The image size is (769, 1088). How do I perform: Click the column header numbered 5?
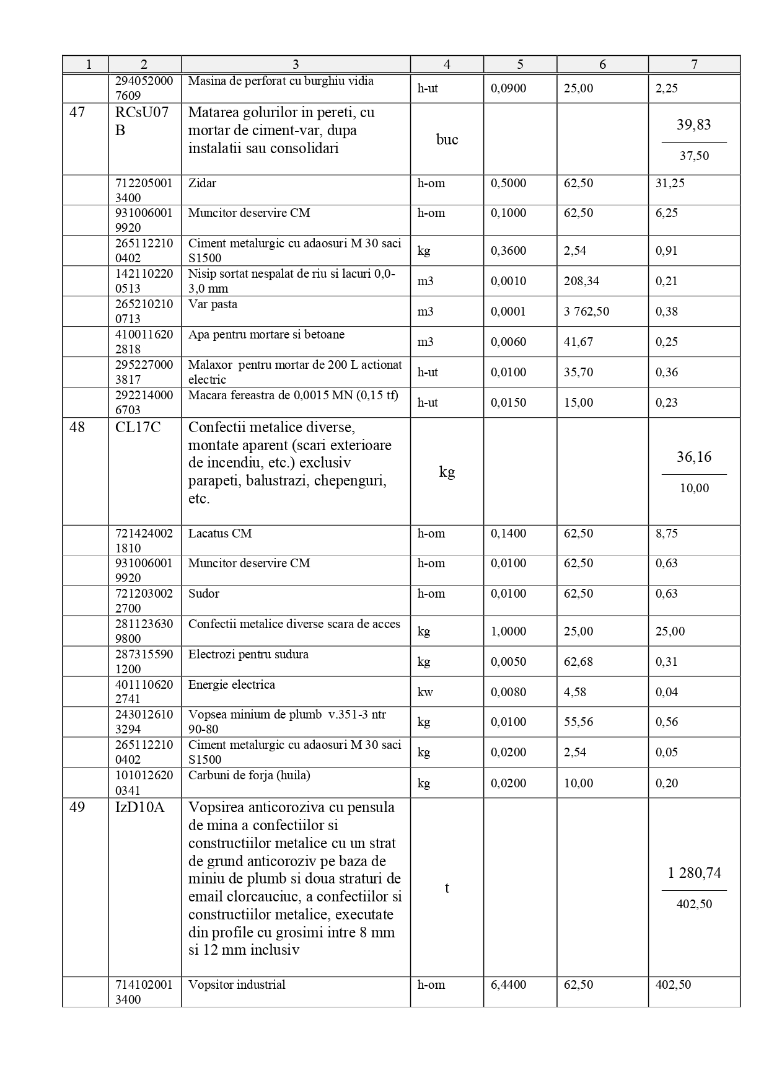pyautogui.click(x=520, y=64)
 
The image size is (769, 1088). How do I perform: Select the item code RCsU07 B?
pyautogui.click(x=141, y=122)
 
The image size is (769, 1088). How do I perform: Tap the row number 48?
pyautogui.click(x=77, y=427)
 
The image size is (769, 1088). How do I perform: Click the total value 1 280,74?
pyautogui.click(x=694, y=873)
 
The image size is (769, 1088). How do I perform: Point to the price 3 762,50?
pyautogui.click(x=586, y=311)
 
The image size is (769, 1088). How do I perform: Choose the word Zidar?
pyautogui.click(x=202, y=183)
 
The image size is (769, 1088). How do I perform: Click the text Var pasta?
pyautogui.click(x=213, y=304)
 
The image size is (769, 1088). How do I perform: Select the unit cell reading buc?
pyautogui.click(x=447, y=139)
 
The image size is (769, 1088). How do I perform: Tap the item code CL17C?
pyautogui.click(x=138, y=427)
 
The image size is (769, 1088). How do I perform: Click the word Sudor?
pyautogui.click(x=204, y=593)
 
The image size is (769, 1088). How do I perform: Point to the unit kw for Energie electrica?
pyautogui.click(x=425, y=692)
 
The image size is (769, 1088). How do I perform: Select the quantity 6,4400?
pyautogui.click(x=508, y=984)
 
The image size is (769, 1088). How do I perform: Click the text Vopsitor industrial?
pyautogui.click(x=237, y=984)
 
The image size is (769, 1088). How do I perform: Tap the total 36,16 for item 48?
pyautogui.click(x=694, y=457)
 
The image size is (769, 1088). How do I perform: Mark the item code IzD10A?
pyautogui.click(x=140, y=807)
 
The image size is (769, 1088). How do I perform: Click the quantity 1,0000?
pyautogui.click(x=508, y=631)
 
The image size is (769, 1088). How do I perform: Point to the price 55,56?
pyautogui.click(x=578, y=722)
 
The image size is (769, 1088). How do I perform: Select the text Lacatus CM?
pyautogui.click(x=220, y=533)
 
